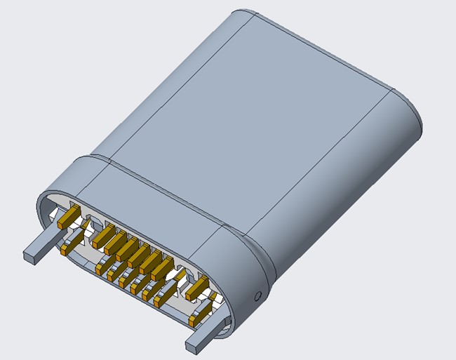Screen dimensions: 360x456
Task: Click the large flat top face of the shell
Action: (x=260, y=119)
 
